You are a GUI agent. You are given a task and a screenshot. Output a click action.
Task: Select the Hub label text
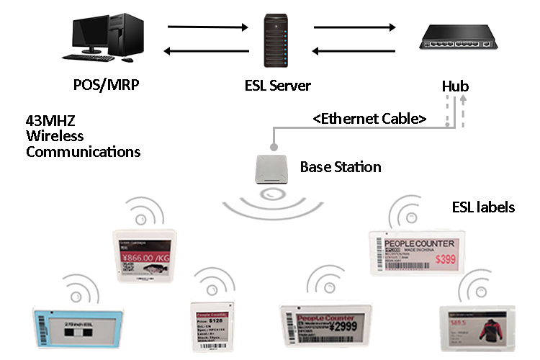tap(455, 87)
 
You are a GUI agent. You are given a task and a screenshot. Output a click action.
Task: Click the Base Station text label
tap(340, 167)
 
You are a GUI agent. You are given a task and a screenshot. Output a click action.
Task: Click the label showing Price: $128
tap(213, 324)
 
